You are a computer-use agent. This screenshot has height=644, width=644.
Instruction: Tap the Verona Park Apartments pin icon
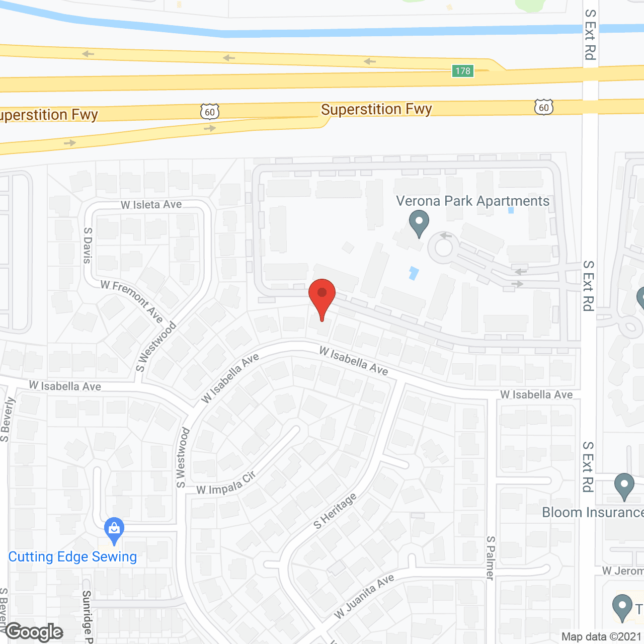point(419,222)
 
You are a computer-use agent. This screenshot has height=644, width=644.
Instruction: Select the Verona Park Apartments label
point(472,201)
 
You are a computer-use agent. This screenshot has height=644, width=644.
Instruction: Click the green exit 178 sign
point(463,71)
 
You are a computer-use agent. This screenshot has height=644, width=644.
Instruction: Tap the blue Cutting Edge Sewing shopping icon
point(114,530)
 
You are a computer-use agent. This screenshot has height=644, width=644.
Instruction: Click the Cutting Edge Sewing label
point(72,557)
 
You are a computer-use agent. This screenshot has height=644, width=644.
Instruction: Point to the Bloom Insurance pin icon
point(624,486)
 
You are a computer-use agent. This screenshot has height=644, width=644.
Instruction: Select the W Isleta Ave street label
point(151,205)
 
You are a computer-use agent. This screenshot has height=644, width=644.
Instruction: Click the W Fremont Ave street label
point(132,301)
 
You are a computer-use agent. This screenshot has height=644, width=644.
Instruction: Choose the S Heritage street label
point(335,511)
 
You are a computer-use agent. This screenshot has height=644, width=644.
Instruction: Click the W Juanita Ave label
point(364,597)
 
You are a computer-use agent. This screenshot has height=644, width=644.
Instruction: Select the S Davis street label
point(88,245)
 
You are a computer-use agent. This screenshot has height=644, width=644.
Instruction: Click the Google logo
point(34,631)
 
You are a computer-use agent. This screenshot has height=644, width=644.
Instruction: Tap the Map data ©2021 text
point(602,636)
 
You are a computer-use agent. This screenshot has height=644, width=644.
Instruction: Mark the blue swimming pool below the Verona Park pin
point(414,273)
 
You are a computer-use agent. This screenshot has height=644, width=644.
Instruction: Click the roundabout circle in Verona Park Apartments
point(443,248)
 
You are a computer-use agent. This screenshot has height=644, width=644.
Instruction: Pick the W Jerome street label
point(623,571)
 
